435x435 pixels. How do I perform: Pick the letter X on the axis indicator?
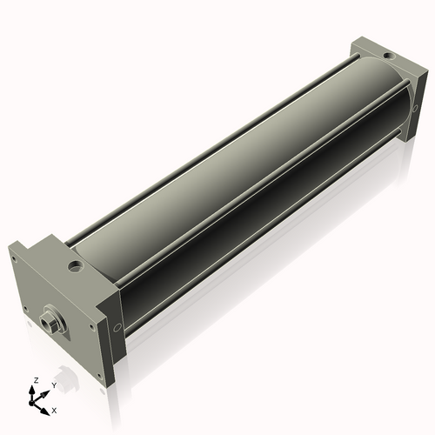coord(55,409)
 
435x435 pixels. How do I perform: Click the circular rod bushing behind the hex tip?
coord(54,315)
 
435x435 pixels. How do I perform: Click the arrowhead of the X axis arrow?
coord(47,406)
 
